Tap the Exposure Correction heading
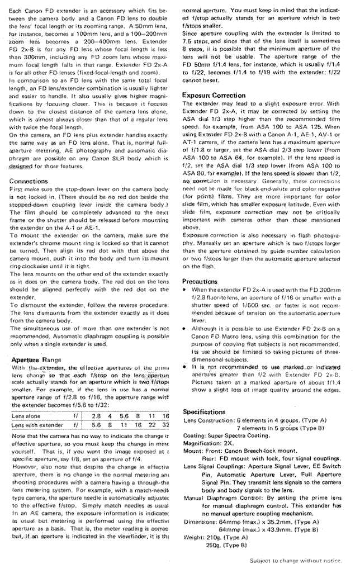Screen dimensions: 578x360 click(214, 96)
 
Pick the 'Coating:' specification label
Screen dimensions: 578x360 click(196, 434)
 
